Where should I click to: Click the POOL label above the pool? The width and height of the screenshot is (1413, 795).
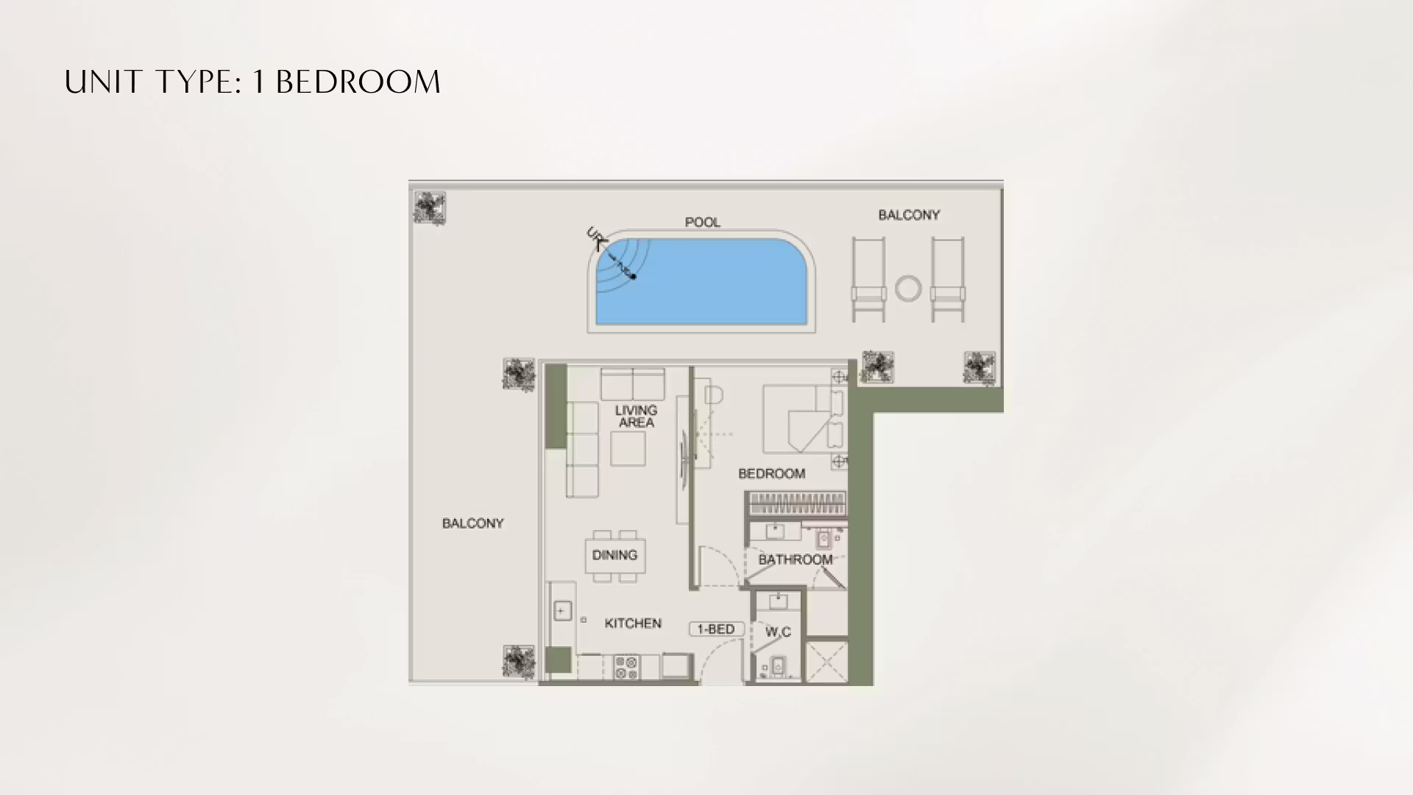pyautogui.click(x=702, y=222)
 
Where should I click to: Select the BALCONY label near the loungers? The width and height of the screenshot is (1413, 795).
pyautogui.click(x=909, y=215)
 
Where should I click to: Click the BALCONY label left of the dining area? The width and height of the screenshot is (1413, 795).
pyautogui.click(x=472, y=523)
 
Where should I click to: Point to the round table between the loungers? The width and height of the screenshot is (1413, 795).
pyautogui.click(x=908, y=289)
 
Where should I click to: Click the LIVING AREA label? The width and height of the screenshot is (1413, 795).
pyautogui.click(x=637, y=417)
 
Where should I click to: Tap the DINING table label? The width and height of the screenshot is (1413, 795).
pyautogui.click(x=615, y=555)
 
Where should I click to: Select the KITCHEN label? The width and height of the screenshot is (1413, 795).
pyautogui.click(x=633, y=623)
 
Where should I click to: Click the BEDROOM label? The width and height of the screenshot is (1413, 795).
pyautogui.click(x=771, y=473)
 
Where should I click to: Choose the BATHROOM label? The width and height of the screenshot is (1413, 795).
pyautogui.click(x=796, y=559)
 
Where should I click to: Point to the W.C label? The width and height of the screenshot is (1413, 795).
pyautogui.click(x=778, y=632)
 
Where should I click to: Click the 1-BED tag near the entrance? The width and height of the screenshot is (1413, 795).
pyautogui.click(x=716, y=629)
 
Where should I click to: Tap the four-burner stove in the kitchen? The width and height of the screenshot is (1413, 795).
pyautogui.click(x=626, y=667)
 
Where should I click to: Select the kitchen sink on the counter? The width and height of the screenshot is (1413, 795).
pyautogui.click(x=562, y=611)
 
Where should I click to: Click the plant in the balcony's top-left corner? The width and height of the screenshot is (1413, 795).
pyautogui.click(x=429, y=208)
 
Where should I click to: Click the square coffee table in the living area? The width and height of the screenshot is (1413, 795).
pyautogui.click(x=628, y=448)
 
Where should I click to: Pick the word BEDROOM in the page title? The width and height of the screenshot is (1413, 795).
pyautogui.click(x=358, y=82)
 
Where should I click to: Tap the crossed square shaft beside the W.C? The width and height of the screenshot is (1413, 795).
pyautogui.click(x=826, y=661)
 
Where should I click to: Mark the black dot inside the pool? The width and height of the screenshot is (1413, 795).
pyautogui.click(x=633, y=277)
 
